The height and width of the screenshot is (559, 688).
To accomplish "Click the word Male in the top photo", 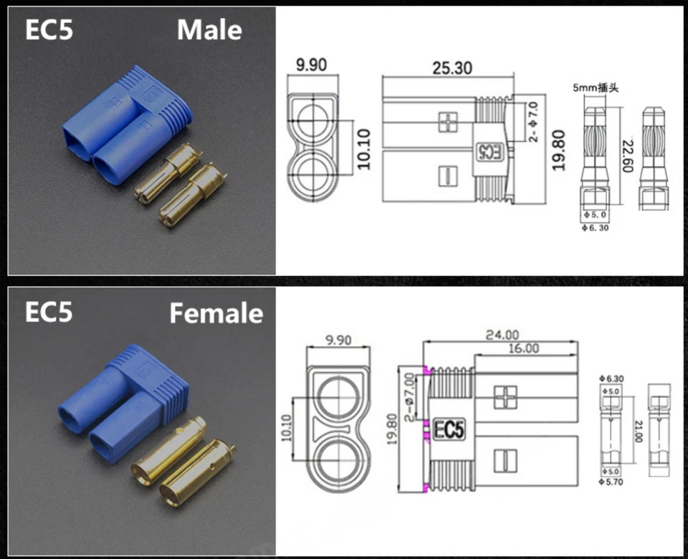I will (x=209, y=30).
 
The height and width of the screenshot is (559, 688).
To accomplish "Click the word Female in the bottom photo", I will (x=216, y=313).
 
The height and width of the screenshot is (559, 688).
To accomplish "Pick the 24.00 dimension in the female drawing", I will (x=501, y=334).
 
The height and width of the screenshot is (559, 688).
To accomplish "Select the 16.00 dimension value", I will (x=523, y=348).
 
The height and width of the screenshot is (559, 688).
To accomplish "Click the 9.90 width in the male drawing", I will (x=312, y=65).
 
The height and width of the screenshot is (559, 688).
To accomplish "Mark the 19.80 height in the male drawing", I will (x=560, y=149).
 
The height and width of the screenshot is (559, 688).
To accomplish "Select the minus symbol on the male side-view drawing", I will (x=446, y=174).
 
